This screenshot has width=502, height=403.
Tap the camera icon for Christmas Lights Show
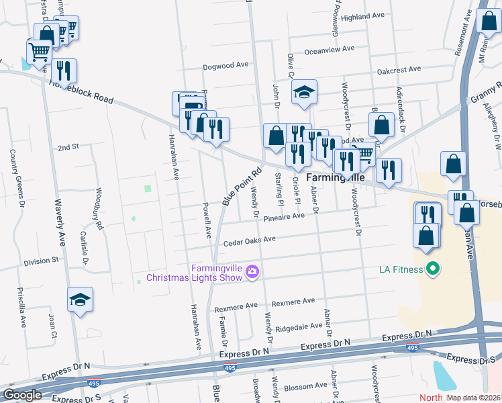point(252,271)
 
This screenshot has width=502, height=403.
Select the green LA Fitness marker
point(433,270)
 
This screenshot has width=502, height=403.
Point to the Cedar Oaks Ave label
point(250,240)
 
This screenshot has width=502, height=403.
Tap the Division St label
point(41,260)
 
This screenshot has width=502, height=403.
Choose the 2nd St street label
point(68,146)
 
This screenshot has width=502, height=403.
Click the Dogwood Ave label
point(227,66)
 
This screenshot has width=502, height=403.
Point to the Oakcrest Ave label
point(399,69)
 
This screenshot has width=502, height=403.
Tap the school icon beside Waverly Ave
point(80,300)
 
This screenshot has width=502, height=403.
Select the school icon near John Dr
point(304,92)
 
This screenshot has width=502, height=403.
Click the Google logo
point(23,395)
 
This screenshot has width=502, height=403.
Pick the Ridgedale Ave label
point(300,326)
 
